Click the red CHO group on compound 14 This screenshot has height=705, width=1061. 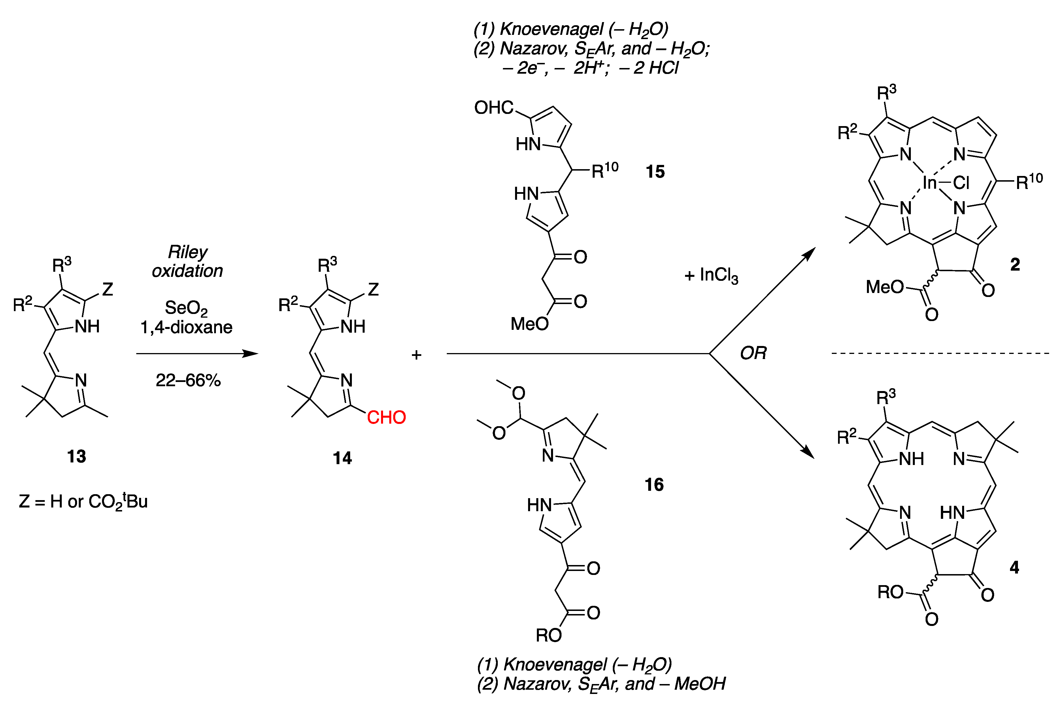coord(386,417)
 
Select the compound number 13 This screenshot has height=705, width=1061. coord(76,456)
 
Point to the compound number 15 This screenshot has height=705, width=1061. coord(654,172)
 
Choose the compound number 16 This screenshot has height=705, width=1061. coord(654,485)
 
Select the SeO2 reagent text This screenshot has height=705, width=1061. coord(186,308)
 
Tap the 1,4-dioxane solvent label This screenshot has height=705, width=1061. coord(186,327)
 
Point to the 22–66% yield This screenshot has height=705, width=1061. coord(188,380)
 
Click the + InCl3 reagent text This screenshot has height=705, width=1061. coord(711,275)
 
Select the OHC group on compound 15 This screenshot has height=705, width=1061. coord(494,108)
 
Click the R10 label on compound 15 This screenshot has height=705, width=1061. coord(605,170)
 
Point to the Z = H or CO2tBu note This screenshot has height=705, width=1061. coord(83,501)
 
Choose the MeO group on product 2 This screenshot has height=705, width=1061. coord(884,287)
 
